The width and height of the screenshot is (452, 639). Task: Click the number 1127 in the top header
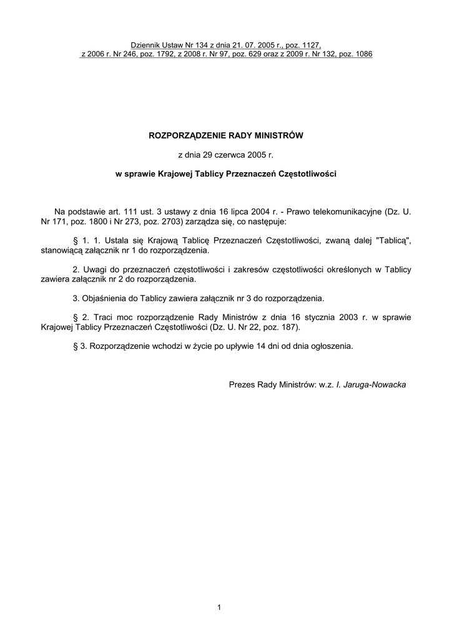[x=312, y=46]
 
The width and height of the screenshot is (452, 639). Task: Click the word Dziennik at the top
[x=145, y=46]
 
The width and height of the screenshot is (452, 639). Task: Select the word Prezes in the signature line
[x=242, y=385]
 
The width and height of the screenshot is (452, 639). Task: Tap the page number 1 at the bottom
[x=220, y=607]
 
